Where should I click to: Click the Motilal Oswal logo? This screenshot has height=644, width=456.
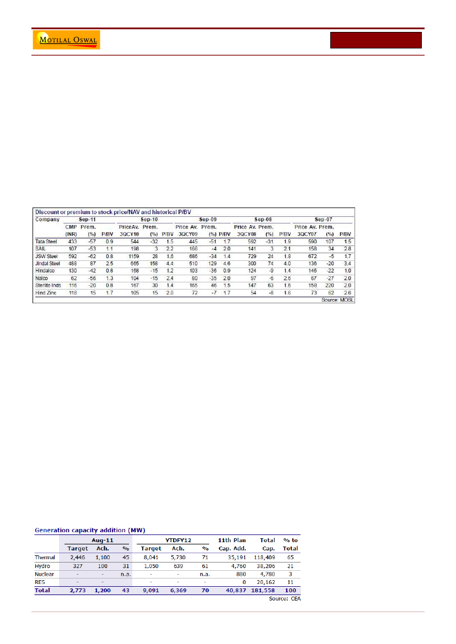click(x=67, y=40)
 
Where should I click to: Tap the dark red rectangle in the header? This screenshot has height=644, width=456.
click(x=376, y=40)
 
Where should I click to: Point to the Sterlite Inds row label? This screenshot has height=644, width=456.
click(x=48, y=285)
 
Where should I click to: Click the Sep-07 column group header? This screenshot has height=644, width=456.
click(x=323, y=219)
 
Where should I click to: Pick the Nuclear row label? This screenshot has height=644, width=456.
click(x=45, y=574)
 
